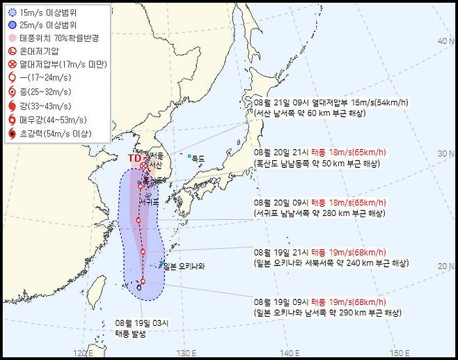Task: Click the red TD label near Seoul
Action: tap(134, 158)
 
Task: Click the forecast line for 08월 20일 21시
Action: tap(321, 152)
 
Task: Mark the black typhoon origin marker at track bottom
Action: tap(139, 287)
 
